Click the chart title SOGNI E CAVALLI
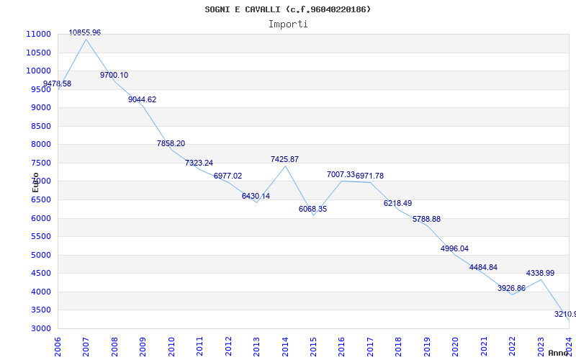coord(288,9)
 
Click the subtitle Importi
coord(288,24)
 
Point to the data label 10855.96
coord(85,32)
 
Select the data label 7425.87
coord(284,159)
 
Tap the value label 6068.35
coord(312,209)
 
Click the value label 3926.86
coord(511,288)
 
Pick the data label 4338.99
coord(540,273)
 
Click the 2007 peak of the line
coord(86,39)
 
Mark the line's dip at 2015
coord(313,215)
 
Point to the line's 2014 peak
coord(285,166)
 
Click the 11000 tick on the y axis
coord(38,34)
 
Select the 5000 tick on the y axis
coord(40,255)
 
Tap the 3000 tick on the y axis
coord(40,328)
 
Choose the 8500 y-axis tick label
coord(40,126)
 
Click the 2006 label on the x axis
coord(58,345)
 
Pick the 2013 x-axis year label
coord(256,345)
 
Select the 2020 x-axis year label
coord(455,345)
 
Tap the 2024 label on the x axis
coord(568,345)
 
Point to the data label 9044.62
coord(142,99)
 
